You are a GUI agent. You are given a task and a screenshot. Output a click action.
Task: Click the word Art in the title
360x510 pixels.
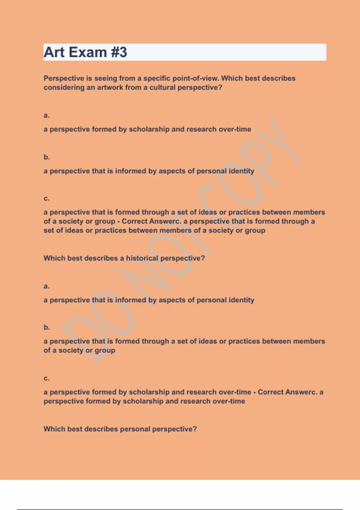[54, 52]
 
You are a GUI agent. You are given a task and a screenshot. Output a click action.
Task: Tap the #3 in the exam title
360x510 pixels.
[119, 52]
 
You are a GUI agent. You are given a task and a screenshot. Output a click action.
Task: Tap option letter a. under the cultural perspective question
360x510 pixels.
[46, 115]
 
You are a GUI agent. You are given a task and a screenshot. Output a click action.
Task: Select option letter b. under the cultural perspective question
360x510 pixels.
[46, 157]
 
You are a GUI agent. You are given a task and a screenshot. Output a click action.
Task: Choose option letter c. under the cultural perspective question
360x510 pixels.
[46, 199]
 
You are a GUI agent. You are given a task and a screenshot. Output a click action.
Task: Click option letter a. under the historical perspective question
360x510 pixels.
[46, 286]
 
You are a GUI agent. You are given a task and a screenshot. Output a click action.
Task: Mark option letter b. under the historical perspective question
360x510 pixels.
[46, 327]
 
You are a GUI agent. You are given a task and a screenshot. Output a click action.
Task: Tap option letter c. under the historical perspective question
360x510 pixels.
[46, 379]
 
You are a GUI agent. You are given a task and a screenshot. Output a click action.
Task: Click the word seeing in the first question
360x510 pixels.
[106, 78]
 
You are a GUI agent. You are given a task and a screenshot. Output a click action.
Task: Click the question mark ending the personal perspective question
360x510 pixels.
[195, 429]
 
